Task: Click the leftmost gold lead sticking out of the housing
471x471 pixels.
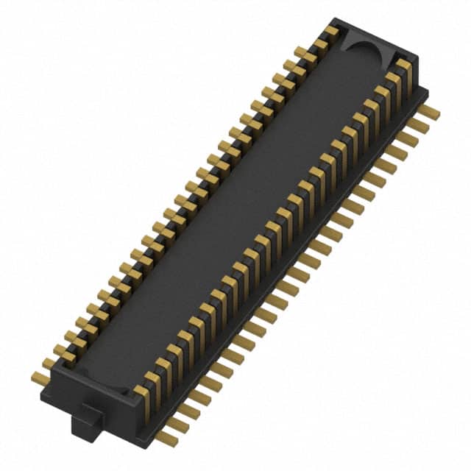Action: [40, 378]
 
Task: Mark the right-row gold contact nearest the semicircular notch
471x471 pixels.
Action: [404, 68]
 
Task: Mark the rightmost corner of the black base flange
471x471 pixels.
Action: [428, 92]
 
